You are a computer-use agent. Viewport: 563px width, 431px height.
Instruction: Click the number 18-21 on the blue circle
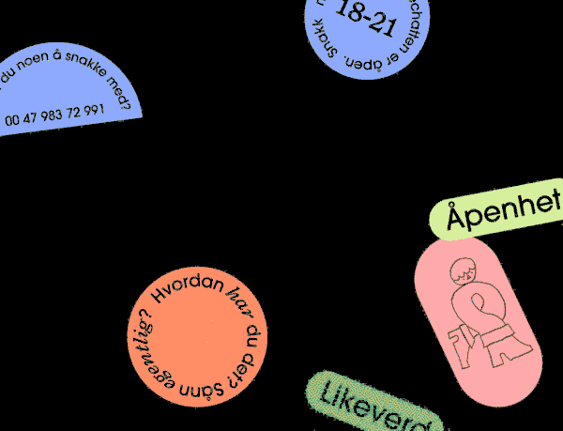[366, 18]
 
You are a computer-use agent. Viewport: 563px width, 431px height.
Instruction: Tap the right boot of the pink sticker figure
[510, 350]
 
